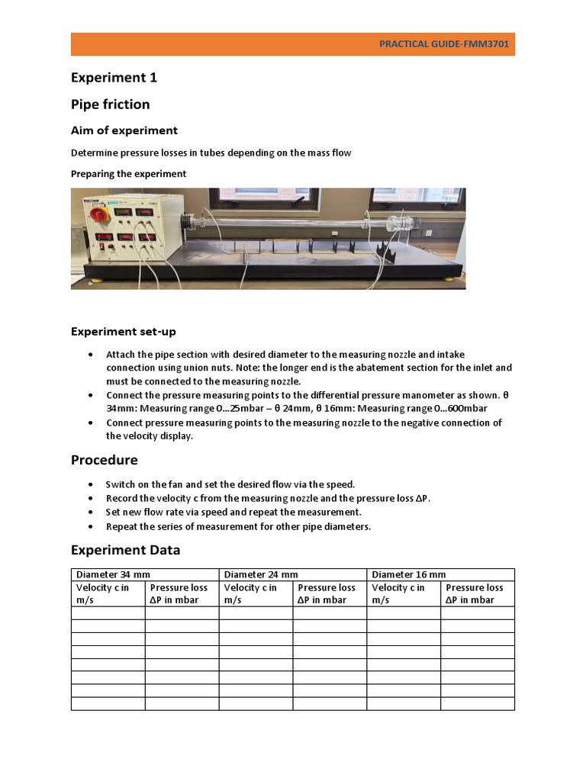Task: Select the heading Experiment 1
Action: [x=114, y=78]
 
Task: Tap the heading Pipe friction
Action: [x=111, y=104]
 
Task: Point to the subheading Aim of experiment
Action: [x=124, y=130]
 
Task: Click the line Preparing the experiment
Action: [x=128, y=174]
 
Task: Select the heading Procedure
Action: [x=105, y=460]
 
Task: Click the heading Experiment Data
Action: [x=126, y=550]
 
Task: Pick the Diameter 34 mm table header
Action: [x=107, y=574]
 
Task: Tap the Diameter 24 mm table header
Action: [x=261, y=574]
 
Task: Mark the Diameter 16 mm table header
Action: [x=409, y=574]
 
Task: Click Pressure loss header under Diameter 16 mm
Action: [x=475, y=593]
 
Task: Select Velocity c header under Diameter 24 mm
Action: [x=250, y=593]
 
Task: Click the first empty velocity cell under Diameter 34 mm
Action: [x=108, y=613]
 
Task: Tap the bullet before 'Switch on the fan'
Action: [x=92, y=484]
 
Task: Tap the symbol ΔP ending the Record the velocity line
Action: [x=423, y=498]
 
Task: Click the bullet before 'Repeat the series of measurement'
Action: [x=92, y=527]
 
